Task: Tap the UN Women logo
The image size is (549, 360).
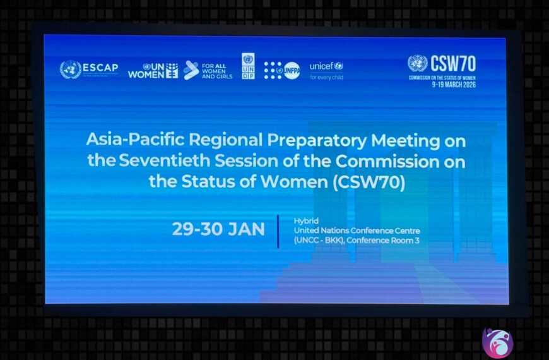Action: [153, 70]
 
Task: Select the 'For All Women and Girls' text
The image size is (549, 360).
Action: [216, 70]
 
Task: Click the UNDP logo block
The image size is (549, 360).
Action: [248, 66]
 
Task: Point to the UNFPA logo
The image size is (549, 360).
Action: [282, 70]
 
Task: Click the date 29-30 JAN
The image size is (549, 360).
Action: [218, 229]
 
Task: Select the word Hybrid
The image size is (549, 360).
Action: [306, 220]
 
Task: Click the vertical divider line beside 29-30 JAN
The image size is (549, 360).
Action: [279, 231]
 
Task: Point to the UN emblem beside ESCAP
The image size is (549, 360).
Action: [70, 69]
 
